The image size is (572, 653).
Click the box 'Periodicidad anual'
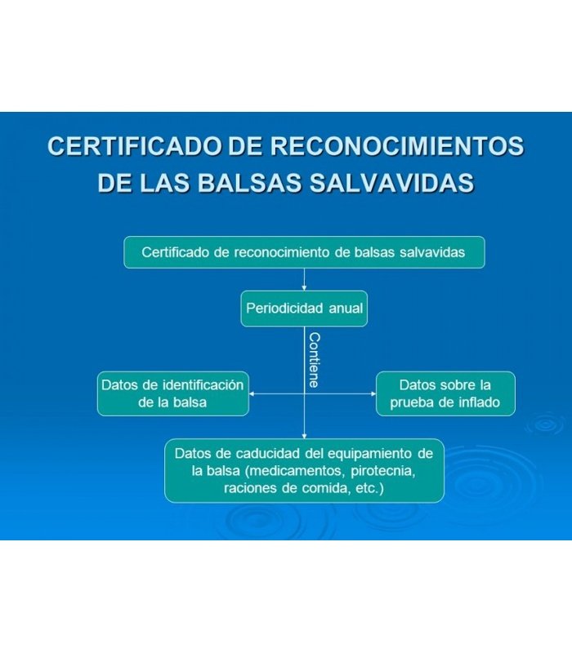click(x=304, y=309)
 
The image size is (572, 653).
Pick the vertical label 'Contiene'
click(x=315, y=360)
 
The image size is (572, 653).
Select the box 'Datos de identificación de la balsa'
click(x=173, y=393)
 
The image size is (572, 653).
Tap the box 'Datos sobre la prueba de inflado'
click(x=445, y=393)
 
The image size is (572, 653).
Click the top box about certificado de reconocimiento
click(x=304, y=252)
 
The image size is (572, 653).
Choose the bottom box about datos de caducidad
click(x=304, y=471)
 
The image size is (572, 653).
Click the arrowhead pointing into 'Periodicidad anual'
click(x=304, y=288)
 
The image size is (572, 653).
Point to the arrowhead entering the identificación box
click(x=252, y=393)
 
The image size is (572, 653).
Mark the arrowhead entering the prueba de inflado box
click(x=373, y=393)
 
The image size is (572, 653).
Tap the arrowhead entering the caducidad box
click(x=304, y=436)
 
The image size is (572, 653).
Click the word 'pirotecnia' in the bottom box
click(x=383, y=471)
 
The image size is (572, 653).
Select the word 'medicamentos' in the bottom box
click(x=297, y=471)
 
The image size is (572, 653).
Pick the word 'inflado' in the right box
click(x=479, y=402)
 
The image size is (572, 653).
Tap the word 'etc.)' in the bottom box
click(x=369, y=488)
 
